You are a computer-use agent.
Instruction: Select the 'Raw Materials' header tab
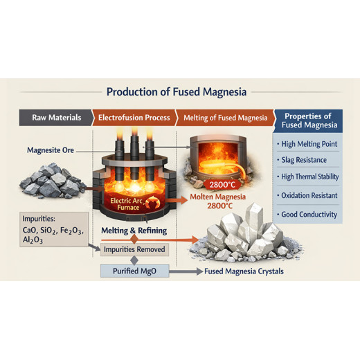56,118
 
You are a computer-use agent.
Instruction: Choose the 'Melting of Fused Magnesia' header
226,118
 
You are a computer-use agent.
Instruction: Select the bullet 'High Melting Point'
309,145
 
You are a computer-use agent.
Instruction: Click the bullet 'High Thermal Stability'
310,177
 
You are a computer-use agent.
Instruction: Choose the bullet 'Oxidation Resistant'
309,196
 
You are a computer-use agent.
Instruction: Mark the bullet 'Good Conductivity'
309,215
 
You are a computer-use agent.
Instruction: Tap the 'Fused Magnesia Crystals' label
244,271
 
